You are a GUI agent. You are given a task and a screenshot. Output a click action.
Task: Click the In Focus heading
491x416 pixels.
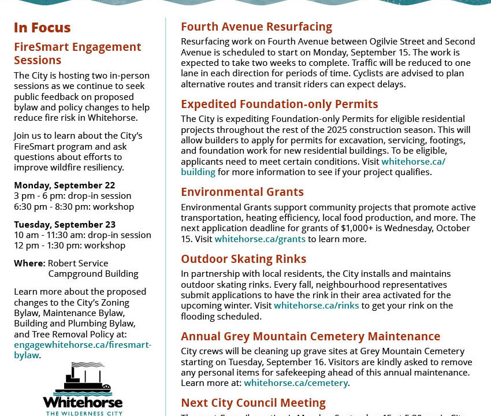[42, 28]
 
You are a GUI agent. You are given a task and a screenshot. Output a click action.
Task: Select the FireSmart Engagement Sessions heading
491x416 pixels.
[77, 54]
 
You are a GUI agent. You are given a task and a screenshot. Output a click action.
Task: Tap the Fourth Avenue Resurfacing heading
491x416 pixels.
[256, 27]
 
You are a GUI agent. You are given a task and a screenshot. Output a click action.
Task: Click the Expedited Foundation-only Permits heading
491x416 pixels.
[279, 104]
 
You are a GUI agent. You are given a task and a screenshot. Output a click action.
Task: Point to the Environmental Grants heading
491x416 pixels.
[242, 192]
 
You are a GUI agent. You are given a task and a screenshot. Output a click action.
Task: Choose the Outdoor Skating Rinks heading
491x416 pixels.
[243, 259]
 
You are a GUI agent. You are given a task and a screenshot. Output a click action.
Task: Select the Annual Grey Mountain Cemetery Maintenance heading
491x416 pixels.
[310, 336]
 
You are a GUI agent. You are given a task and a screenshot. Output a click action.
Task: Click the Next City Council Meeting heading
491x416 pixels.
[253, 403]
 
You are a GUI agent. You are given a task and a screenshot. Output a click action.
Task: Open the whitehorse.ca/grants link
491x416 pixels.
[259, 239]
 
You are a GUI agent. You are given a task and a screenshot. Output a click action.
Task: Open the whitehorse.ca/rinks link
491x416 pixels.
[316, 306]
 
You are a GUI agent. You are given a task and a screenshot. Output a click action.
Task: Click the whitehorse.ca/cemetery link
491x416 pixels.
[296, 383]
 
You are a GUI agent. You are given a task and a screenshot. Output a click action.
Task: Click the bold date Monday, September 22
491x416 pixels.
[65, 185]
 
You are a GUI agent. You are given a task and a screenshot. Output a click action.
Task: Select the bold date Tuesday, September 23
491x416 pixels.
[65, 224]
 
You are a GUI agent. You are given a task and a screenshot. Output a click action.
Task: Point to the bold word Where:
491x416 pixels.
[29, 263]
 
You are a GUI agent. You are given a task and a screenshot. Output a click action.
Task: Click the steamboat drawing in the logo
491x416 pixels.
[83, 378]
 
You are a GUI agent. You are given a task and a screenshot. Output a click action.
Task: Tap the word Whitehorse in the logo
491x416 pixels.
[83, 402]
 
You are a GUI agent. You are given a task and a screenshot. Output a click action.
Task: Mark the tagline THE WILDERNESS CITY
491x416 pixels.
[83, 413]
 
